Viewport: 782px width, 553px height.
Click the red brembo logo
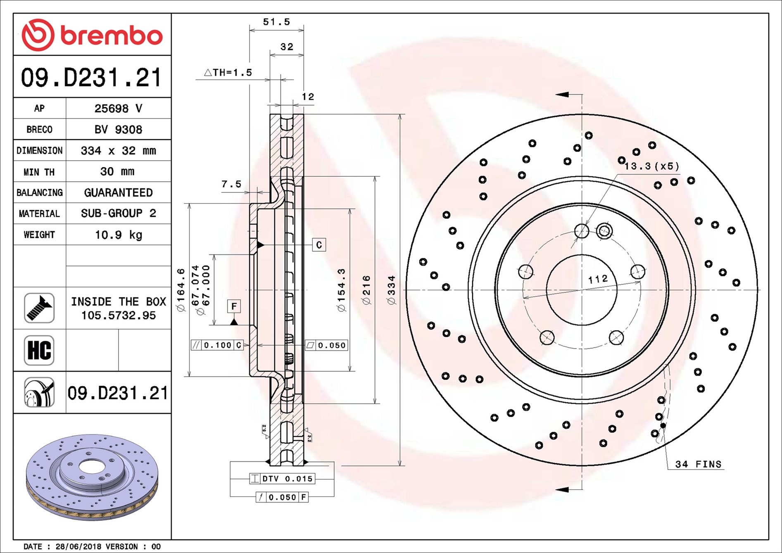(x=92, y=35)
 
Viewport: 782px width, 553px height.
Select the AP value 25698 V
(x=118, y=109)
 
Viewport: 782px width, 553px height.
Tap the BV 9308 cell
(x=118, y=130)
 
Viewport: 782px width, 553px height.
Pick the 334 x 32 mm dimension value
(x=118, y=151)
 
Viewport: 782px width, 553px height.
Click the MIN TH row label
(x=39, y=172)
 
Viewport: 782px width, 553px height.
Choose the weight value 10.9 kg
(x=118, y=235)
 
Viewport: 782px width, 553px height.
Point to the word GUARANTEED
(x=118, y=193)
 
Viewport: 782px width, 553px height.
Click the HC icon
(x=39, y=350)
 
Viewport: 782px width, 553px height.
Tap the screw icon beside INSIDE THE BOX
(x=39, y=308)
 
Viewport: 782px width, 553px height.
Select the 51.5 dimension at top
(x=276, y=21)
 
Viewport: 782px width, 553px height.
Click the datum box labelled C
(x=319, y=245)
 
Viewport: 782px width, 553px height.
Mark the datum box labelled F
(x=234, y=306)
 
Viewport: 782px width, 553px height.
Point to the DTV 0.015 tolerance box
(x=283, y=479)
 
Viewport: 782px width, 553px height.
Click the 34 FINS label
(x=698, y=464)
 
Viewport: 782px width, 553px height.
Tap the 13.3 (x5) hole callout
(x=651, y=166)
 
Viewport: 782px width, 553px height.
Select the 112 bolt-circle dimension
(x=598, y=279)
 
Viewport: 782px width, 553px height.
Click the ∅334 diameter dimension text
(x=391, y=290)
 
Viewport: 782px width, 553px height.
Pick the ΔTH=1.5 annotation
(x=228, y=73)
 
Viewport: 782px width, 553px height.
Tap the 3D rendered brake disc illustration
(x=92, y=477)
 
